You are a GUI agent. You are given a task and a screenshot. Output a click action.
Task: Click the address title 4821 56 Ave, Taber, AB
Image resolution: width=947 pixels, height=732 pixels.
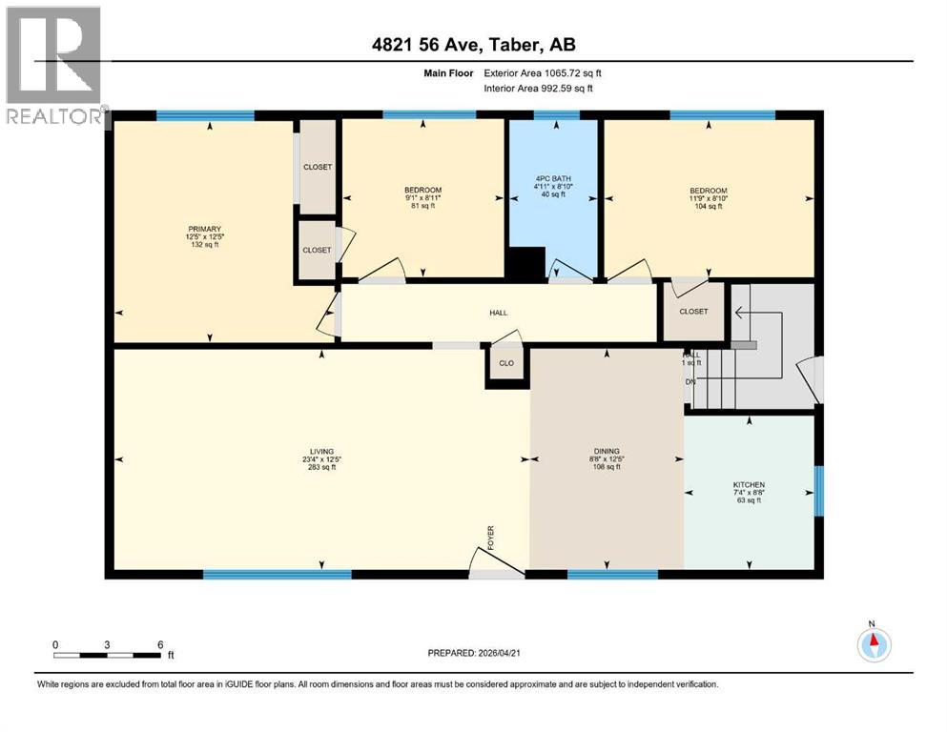tap(473, 45)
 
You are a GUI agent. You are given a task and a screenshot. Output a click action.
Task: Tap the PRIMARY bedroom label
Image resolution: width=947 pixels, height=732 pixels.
tap(204, 229)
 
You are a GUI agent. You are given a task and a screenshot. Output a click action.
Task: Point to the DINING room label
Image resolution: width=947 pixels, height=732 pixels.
tap(607, 451)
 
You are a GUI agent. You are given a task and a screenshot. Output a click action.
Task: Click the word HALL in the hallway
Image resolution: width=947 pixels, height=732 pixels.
tap(499, 313)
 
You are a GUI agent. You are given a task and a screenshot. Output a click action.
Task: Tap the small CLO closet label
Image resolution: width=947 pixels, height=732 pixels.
tap(505, 363)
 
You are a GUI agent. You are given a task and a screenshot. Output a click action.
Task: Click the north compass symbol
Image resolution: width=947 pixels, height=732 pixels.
tap(873, 644)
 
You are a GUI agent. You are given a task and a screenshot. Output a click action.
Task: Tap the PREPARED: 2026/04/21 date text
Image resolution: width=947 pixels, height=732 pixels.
tap(477, 653)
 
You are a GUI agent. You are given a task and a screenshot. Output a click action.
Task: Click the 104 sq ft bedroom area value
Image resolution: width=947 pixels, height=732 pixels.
tap(708, 206)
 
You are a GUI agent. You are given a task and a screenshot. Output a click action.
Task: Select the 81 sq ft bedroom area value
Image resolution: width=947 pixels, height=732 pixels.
tap(422, 206)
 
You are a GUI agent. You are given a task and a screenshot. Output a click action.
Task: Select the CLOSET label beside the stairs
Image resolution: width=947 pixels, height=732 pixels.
tap(693, 312)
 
